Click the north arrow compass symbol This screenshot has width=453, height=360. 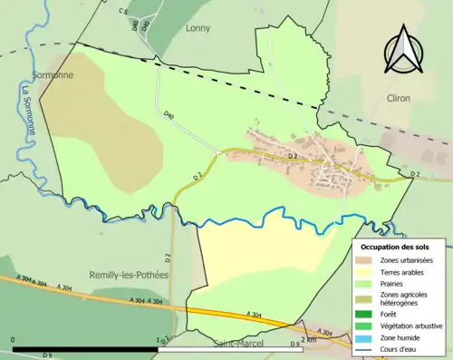[403, 50]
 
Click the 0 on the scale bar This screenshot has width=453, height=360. [14, 340]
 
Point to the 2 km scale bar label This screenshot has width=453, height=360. [308, 340]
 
